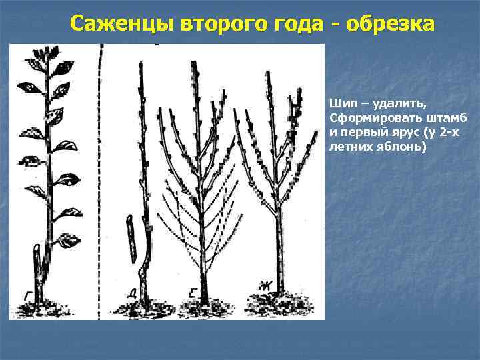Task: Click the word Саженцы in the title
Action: (x=124, y=24)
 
